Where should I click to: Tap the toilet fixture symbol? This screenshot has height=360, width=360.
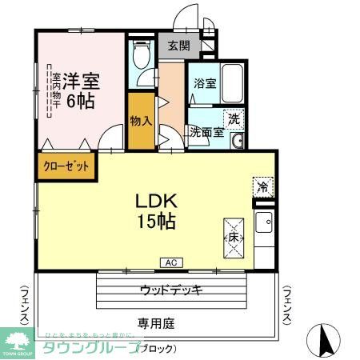[x=142, y=56]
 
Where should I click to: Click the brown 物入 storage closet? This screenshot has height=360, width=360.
[x=141, y=121]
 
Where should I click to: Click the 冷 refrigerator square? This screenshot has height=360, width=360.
[x=262, y=188]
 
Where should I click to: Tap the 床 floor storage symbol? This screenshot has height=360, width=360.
[x=232, y=238]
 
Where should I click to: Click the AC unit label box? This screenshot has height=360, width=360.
[x=171, y=262]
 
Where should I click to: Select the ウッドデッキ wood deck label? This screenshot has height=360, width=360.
[x=171, y=290]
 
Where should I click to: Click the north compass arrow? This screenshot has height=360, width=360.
[x=326, y=339]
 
